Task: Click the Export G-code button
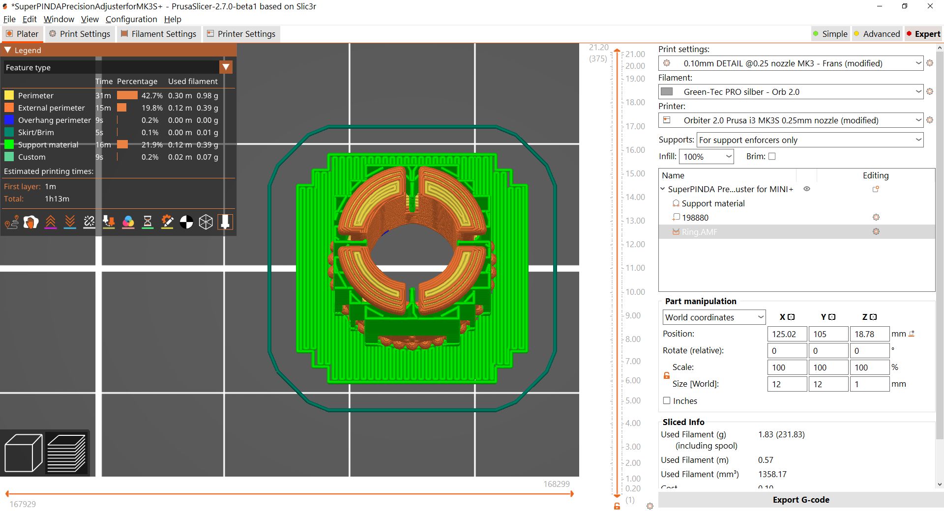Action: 800,500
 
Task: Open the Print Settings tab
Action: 80,34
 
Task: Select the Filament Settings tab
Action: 158,34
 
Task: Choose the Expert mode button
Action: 923,34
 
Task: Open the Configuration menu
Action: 131,19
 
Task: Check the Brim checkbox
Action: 772,156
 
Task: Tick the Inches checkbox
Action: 667,400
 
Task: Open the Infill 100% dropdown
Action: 706,157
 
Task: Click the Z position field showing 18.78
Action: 869,334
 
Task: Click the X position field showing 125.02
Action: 787,334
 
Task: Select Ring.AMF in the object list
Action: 699,232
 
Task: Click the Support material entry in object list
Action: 713,203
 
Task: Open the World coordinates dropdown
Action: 714,317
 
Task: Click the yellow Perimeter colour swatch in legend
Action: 9,95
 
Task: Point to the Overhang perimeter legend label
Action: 54,120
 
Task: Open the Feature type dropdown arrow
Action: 226,67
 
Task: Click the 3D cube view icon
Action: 23,453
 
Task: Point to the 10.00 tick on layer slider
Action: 635,292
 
